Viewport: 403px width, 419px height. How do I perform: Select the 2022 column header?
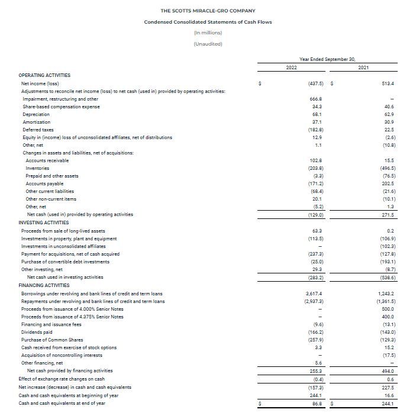coord(291,68)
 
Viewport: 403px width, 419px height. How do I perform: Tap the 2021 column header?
coord(364,68)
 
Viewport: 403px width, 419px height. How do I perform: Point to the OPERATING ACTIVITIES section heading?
coord(44,76)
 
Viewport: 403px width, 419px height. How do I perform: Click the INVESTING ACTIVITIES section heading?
coord(44,223)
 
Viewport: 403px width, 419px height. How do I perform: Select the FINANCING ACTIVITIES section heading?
coord(44,285)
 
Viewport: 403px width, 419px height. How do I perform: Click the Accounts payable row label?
coord(40,183)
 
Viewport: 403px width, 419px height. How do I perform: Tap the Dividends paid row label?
coord(37,332)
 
